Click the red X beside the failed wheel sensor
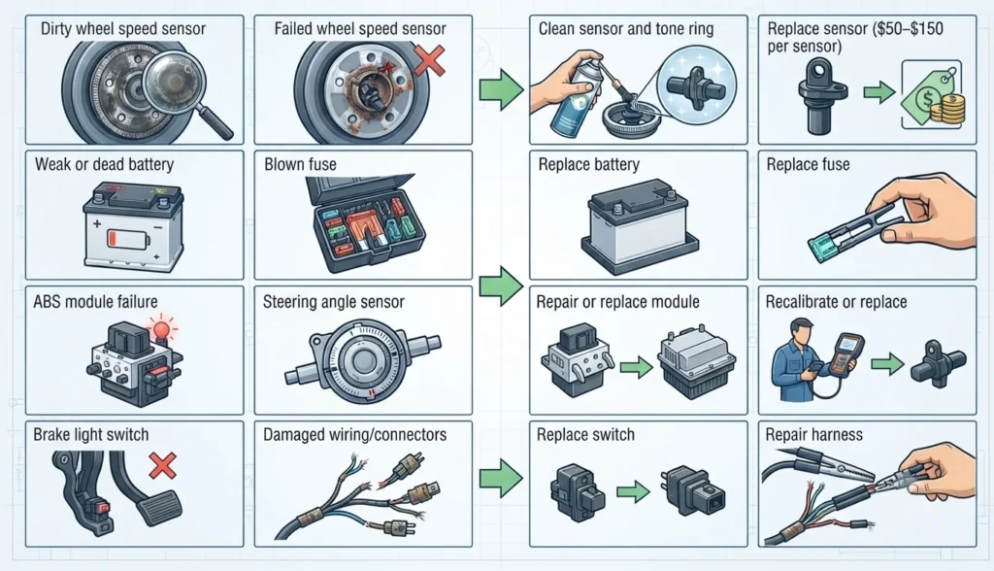(429, 61)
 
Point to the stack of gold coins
(947, 109)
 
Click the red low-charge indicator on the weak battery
(114, 239)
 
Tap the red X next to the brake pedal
(162, 466)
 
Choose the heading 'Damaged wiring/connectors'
(354, 435)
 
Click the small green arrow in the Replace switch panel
(633, 490)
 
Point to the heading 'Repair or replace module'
(617, 302)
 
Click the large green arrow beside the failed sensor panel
(501, 89)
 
